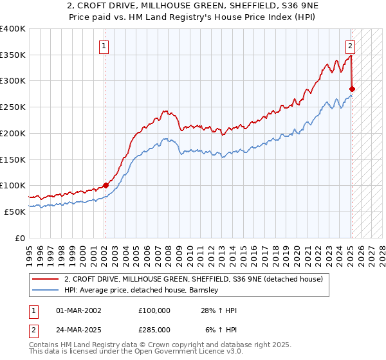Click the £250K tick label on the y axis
click(13, 107)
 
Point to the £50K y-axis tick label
click(15, 212)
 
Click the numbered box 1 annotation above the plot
click(104, 46)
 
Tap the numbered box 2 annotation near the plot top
click(350, 46)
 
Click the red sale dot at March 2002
click(106, 185)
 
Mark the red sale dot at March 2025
click(352, 89)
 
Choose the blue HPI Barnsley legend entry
click(142, 290)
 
